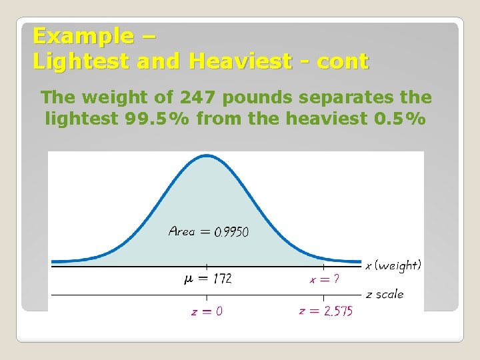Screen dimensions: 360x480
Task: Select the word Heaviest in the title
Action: (x=239, y=61)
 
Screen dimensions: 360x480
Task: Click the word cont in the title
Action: (x=343, y=61)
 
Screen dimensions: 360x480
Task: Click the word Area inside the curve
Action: (x=181, y=231)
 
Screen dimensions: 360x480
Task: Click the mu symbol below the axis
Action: (x=189, y=279)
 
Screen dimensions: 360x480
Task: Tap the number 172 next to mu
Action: (x=222, y=279)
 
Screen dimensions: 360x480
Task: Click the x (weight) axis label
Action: (x=393, y=265)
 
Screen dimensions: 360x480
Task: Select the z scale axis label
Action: (x=385, y=294)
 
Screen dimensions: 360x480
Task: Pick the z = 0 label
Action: (x=207, y=311)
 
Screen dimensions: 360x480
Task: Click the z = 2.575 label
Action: (x=326, y=311)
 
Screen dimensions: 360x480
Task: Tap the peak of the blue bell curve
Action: (x=207, y=157)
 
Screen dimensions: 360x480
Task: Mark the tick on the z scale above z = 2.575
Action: (x=325, y=294)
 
